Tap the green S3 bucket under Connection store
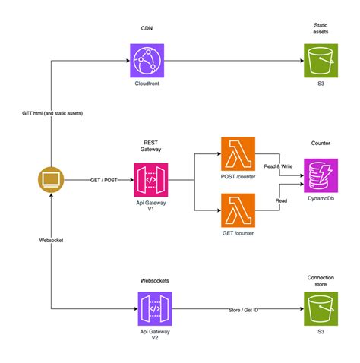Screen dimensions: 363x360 [320, 310]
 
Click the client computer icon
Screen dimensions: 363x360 [51, 181]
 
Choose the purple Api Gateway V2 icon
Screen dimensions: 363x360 [155, 310]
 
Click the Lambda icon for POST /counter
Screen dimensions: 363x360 [238, 155]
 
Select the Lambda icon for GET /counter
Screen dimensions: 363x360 [238, 210]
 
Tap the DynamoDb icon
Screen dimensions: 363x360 [321, 176]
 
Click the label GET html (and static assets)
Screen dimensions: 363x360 [52, 112]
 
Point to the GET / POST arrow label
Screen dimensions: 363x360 [103, 181]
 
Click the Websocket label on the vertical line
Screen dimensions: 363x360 [52, 241]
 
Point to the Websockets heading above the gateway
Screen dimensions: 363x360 [155, 280]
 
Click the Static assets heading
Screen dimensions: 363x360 [320, 29]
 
